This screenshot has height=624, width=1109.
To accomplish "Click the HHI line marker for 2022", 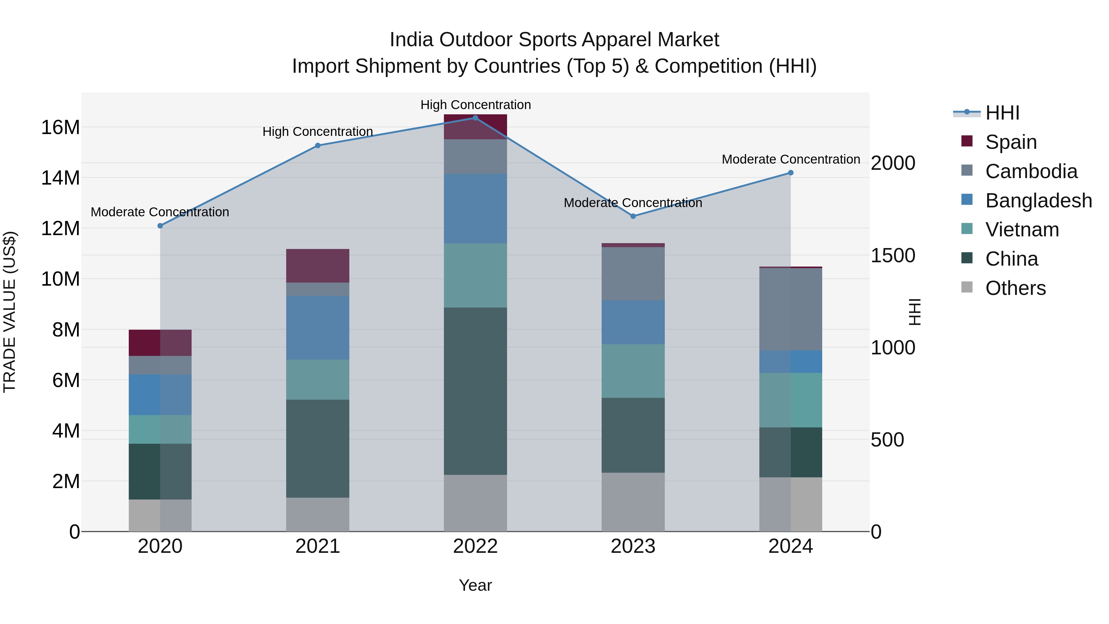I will click(475, 118).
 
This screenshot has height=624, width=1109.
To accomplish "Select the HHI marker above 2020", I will click(160, 226).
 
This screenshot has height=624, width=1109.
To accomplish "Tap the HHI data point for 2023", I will click(633, 216).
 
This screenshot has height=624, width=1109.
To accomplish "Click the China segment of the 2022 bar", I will click(475, 391).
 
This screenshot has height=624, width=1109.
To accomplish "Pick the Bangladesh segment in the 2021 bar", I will click(318, 328).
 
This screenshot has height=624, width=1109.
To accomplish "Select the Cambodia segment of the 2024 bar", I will click(790, 309).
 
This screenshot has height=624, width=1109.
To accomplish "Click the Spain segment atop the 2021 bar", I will click(318, 266).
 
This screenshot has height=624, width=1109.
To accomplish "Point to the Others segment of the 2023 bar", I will click(633, 502).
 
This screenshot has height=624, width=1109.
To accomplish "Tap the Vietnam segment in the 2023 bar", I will click(633, 371).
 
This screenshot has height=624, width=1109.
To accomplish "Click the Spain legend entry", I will click(1010, 142).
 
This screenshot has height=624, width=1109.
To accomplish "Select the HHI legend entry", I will click(1002, 113).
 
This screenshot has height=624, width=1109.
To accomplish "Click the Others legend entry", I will click(1015, 288).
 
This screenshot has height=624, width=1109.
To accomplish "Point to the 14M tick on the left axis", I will click(60, 178).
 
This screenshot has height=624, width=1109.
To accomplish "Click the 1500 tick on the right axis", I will click(893, 255).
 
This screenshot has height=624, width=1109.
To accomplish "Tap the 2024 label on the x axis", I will click(790, 546).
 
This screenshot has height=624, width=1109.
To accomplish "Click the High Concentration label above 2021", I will click(318, 132).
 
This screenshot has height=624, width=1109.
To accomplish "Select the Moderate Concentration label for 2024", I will click(790, 159).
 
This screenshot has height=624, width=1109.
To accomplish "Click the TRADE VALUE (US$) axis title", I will click(10, 312).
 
